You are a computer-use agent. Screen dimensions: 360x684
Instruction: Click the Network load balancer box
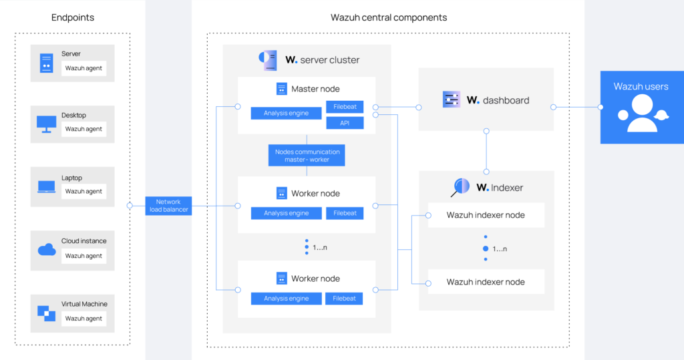[168, 206]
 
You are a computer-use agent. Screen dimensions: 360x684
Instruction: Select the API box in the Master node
[344, 123]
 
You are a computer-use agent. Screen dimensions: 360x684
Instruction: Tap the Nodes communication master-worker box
[307, 156]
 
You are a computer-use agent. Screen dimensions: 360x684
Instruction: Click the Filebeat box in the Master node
[344, 108]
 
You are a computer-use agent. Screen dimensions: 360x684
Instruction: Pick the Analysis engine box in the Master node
[286, 114]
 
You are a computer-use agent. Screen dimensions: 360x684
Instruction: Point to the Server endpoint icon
[46, 63]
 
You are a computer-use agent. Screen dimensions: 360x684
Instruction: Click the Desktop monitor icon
[46, 123]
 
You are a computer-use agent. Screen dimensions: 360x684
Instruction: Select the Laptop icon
[46, 186]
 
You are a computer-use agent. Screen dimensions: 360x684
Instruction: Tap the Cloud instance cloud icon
[46, 250]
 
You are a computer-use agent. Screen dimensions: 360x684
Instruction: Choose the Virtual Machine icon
[46, 312]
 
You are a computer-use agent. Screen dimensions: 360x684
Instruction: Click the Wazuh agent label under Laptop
[83, 192]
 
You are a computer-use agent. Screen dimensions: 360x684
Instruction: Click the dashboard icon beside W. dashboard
[452, 100]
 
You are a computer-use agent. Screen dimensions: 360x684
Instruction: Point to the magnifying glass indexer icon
[461, 188]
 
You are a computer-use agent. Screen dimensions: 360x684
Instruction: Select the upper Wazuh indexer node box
[486, 215]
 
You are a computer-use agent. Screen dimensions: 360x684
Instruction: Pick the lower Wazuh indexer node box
[486, 282]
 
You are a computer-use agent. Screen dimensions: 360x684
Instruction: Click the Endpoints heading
[72, 17]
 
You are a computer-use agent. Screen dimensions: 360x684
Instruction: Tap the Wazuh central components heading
[389, 17]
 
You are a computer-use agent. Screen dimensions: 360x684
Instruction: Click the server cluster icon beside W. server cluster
[268, 60]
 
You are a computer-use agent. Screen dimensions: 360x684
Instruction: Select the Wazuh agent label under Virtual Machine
[83, 319]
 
